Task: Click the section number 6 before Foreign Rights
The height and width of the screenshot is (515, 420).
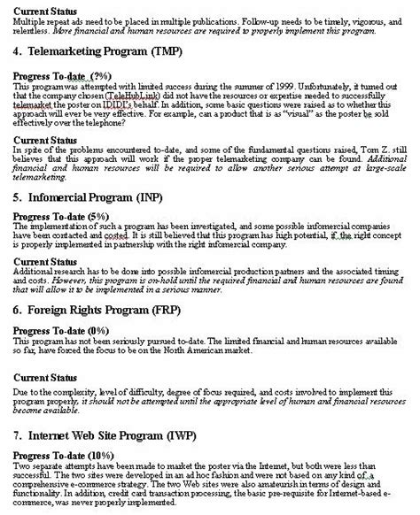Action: [x=18, y=311]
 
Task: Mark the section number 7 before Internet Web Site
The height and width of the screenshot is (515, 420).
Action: [x=18, y=436]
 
